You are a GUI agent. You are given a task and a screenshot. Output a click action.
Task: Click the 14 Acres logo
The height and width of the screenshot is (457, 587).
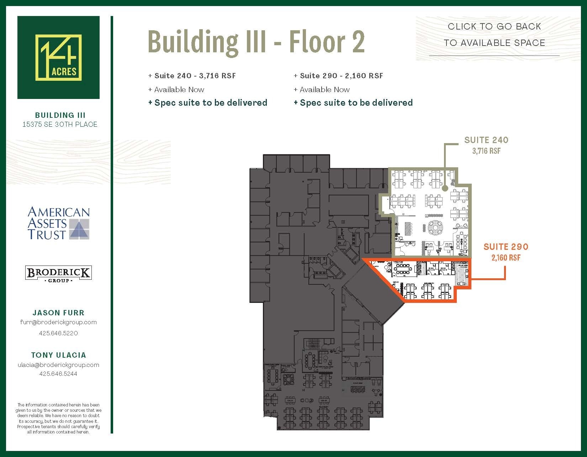click(58, 57)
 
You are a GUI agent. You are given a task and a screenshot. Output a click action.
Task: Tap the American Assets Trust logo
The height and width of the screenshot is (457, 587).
click(58, 223)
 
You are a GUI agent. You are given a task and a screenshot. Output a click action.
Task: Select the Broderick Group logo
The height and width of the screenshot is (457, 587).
click(58, 274)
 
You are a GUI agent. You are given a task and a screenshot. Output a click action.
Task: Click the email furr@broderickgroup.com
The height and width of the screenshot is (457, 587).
click(58, 322)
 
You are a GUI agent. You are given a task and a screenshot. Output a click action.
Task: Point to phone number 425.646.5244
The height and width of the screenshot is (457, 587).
click(58, 374)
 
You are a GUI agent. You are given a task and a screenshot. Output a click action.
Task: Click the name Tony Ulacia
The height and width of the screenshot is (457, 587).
click(58, 355)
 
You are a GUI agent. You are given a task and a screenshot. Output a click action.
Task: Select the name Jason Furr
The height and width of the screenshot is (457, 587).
click(58, 313)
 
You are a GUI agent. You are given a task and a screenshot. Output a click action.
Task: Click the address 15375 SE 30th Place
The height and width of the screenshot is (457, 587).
click(59, 124)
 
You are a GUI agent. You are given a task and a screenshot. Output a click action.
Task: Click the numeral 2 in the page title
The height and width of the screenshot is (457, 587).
click(358, 42)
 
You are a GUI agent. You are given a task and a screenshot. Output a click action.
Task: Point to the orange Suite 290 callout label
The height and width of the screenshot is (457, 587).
click(506, 247)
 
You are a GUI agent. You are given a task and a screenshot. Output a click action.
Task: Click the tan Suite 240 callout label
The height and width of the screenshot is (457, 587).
click(486, 140)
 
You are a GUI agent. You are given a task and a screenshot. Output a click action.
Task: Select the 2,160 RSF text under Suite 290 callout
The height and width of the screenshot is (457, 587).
click(506, 258)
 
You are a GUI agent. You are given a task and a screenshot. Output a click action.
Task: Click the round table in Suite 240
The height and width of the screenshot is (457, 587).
click(435, 227)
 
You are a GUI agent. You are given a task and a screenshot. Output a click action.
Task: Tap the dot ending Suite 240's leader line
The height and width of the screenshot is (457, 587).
click(445, 189)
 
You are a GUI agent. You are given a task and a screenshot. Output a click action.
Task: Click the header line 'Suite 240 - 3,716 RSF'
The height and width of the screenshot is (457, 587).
click(192, 75)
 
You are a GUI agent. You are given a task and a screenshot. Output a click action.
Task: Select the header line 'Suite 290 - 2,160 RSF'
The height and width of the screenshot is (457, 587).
click(338, 75)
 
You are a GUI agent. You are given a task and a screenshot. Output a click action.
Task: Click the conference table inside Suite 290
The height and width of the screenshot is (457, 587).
click(403, 270)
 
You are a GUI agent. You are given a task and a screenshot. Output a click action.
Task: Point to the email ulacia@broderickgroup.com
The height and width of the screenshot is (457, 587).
click(58, 365)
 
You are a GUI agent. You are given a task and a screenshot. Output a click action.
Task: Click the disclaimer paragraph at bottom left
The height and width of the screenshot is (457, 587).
click(58, 418)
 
